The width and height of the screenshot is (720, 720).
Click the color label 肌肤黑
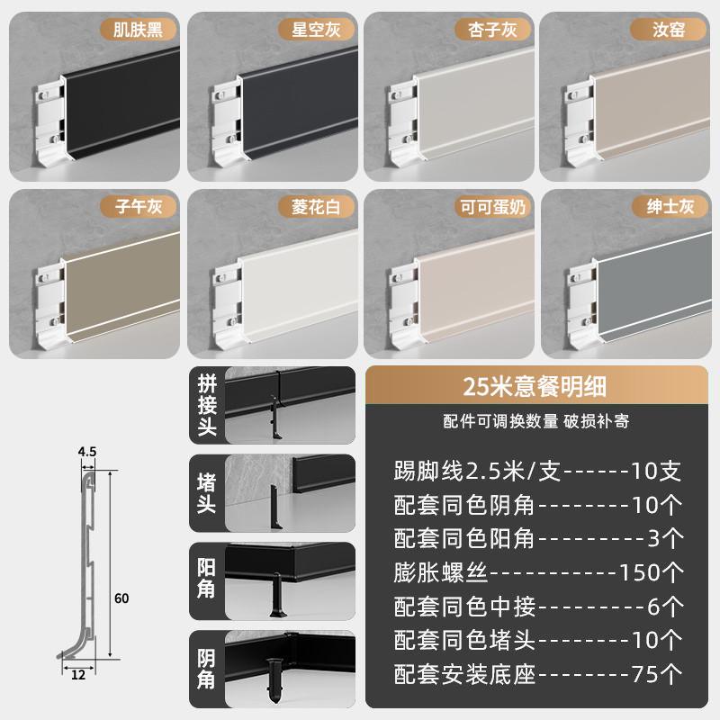pyautogui.click(x=139, y=29)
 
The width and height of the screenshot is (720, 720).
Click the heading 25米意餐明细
pyautogui.click(x=535, y=388)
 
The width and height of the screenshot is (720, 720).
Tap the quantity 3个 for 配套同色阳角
pyautogui.click(x=665, y=538)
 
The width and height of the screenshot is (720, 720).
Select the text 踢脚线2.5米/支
pyautogui.click(x=465, y=472)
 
